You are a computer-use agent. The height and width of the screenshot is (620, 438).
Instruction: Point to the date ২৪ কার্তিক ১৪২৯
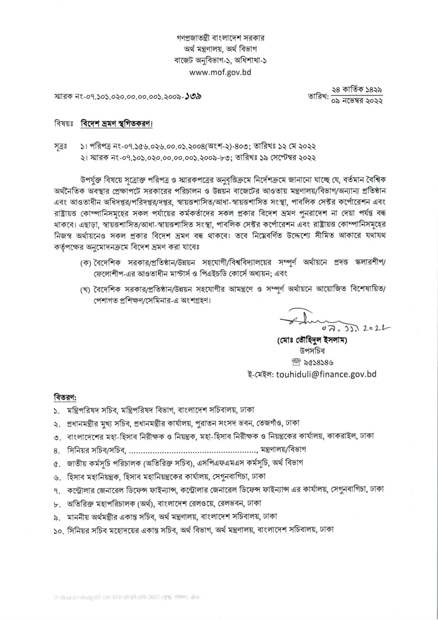tap(357, 89)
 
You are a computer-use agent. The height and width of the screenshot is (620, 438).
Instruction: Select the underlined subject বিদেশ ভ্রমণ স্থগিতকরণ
tap(117, 125)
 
